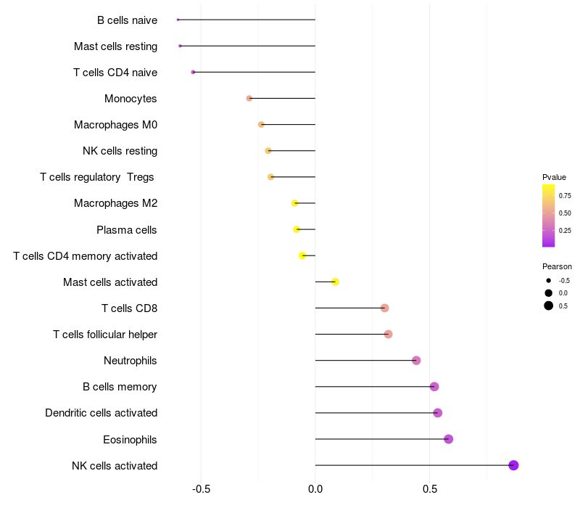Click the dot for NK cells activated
(x=513, y=465)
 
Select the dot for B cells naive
(x=178, y=20)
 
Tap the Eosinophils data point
(x=448, y=439)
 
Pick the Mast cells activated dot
(x=335, y=282)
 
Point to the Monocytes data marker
(x=249, y=98)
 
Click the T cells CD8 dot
(x=384, y=308)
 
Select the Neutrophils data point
(x=416, y=361)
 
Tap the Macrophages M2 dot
(x=294, y=203)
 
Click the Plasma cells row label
(x=127, y=230)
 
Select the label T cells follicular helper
(x=105, y=335)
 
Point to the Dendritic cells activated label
(x=101, y=413)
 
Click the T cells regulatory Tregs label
(x=97, y=177)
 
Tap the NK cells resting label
(x=120, y=151)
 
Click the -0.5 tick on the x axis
(x=201, y=489)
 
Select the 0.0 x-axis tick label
(x=315, y=489)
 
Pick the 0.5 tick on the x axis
(x=430, y=489)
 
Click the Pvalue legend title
(x=554, y=177)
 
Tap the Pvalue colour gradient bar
(x=548, y=216)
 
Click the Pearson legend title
(x=557, y=266)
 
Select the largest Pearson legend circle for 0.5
(x=549, y=306)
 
